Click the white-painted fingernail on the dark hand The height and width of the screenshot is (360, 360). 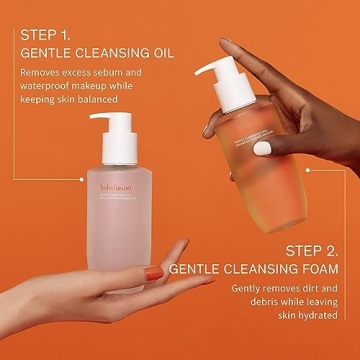pyautogui.click(x=262, y=148)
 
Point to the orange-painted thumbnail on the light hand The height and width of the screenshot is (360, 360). pyautogui.click(x=152, y=271)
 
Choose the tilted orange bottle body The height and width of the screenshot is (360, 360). pyautogui.click(x=241, y=140)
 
